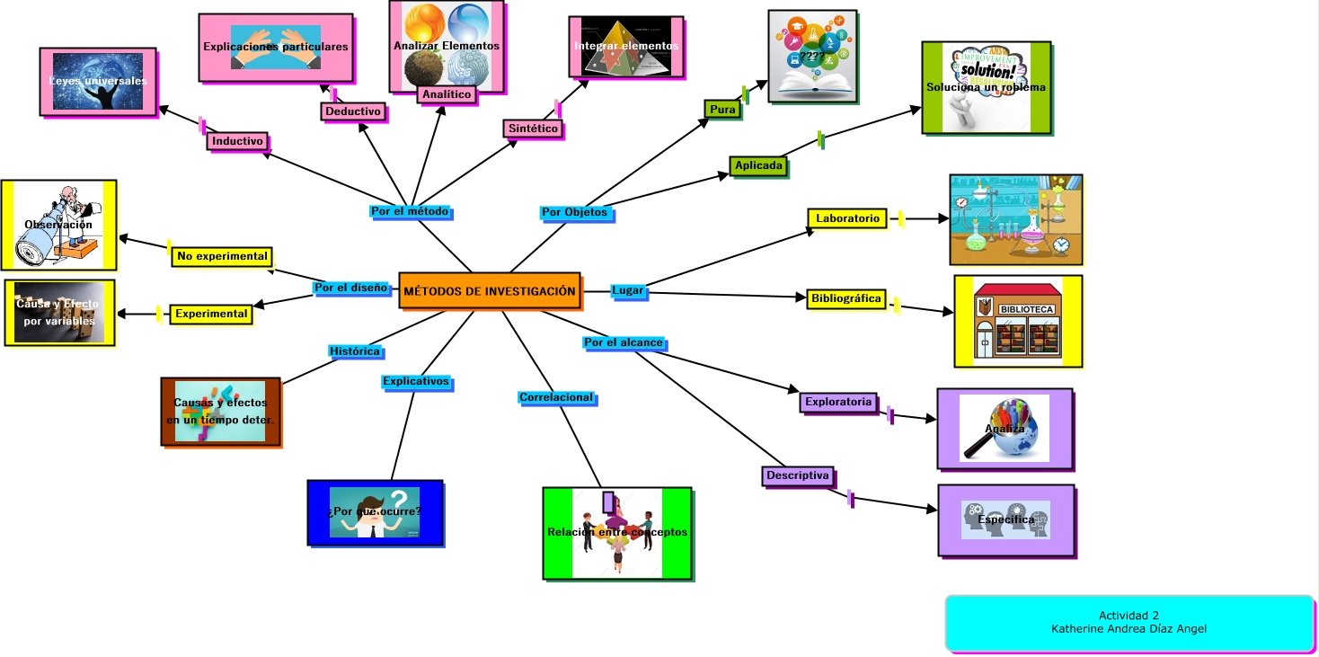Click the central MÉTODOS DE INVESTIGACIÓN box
[490, 291]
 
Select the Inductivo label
[237, 141]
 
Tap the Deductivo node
[353, 111]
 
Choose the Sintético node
[533, 129]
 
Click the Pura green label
[722, 110]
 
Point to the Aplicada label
[759, 165]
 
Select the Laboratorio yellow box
[847, 218]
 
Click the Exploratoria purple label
[838, 402]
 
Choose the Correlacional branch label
[556, 397]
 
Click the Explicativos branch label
[415, 381]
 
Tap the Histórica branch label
[355, 351]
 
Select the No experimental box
[222, 256]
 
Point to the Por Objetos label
[575, 213]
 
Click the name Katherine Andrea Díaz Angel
[1129, 629]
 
